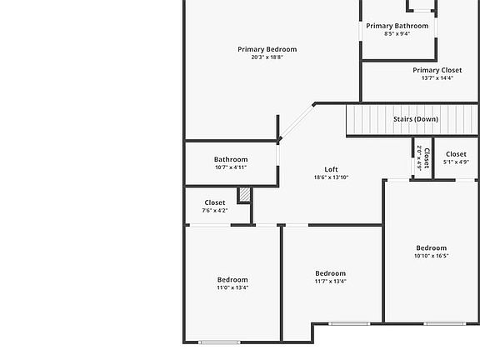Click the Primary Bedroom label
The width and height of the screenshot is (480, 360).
(267, 49)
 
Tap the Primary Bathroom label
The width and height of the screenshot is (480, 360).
(397, 26)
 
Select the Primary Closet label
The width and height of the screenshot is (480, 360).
(437, 71)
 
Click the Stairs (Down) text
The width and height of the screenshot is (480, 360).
(415, 119)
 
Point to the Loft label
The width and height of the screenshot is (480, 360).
(331, 170)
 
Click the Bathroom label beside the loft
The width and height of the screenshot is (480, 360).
(231, 160)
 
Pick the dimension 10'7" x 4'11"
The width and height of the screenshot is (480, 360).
(231, 167)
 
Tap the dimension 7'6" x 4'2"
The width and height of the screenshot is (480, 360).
(214, 211)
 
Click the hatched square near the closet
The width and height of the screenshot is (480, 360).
(244, 194)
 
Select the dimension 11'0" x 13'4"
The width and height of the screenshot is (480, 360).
(232, 287)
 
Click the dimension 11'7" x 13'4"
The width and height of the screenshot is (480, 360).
(330, 281)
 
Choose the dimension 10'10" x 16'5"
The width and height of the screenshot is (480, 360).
(431, 256)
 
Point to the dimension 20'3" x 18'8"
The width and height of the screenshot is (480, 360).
(267, 57)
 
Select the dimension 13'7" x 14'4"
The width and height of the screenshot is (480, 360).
(437, 78)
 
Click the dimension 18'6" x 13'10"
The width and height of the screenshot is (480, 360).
(331, 177)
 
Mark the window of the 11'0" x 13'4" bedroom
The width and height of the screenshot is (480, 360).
(219, 342)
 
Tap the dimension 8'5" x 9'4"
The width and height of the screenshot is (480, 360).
(397, 34)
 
